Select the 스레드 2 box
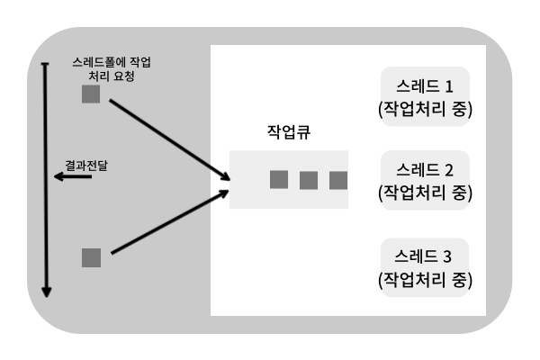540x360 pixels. [426, 180]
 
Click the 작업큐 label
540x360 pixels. [289, 132]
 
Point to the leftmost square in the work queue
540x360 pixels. [279, 180]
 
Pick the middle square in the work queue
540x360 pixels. [309, 180]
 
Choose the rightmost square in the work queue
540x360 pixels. [338, 180]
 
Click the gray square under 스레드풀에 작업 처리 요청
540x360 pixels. [91, 94]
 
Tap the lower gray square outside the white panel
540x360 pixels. [91, 257]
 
